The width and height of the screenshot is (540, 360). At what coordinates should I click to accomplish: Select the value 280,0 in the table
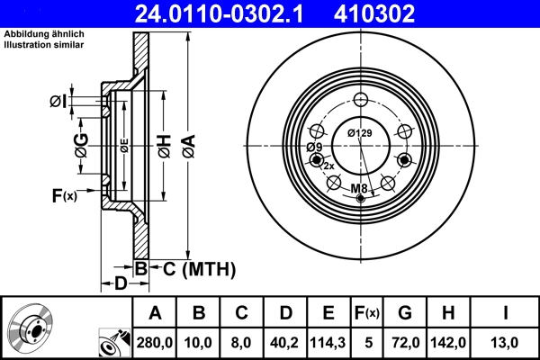156,341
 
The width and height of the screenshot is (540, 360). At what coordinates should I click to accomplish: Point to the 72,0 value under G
404,341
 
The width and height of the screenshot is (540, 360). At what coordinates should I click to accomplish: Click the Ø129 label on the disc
359,134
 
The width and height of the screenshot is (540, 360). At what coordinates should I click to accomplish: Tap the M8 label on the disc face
359,188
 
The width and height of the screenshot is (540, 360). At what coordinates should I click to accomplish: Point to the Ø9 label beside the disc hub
314,148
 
